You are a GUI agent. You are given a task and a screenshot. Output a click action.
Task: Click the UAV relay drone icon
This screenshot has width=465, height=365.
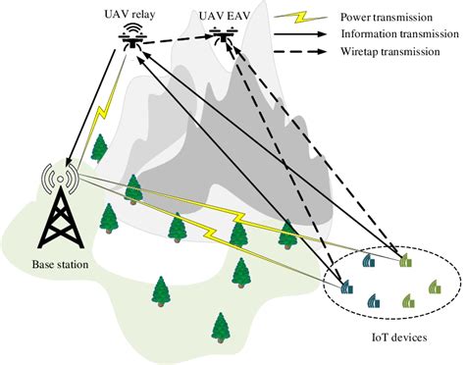point(131,37)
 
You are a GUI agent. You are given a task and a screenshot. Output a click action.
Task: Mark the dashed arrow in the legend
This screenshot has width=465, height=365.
point(290,55)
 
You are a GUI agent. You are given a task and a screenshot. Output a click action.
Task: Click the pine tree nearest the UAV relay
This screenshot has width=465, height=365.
point(98,148)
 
